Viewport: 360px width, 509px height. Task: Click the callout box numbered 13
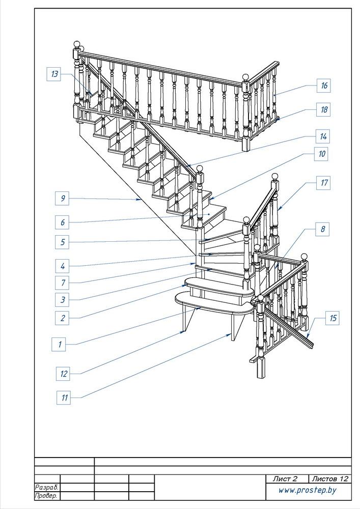(x=53, y=74)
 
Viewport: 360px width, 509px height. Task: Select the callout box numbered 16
(x=323, y=86)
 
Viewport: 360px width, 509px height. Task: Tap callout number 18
(x=323, y=109)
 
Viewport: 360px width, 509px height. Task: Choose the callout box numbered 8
(x=322, y=229)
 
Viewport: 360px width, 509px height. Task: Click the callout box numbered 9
(x=62, y=198)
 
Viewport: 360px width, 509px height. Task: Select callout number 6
(x=62, y=222)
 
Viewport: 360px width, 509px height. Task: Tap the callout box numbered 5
(x=62, y=242)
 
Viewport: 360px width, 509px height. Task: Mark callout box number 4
(x=62, y=266)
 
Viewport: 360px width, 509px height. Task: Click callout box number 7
(x=62, y=282)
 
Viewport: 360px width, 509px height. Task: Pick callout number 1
(x=59, y=344)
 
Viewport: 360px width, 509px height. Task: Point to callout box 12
(x=63, y=374)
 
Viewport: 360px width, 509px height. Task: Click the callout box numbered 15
(x=333, y=318)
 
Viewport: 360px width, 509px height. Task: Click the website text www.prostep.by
(x=307, y=491)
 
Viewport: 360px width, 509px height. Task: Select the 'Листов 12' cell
(x=329, y=478)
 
